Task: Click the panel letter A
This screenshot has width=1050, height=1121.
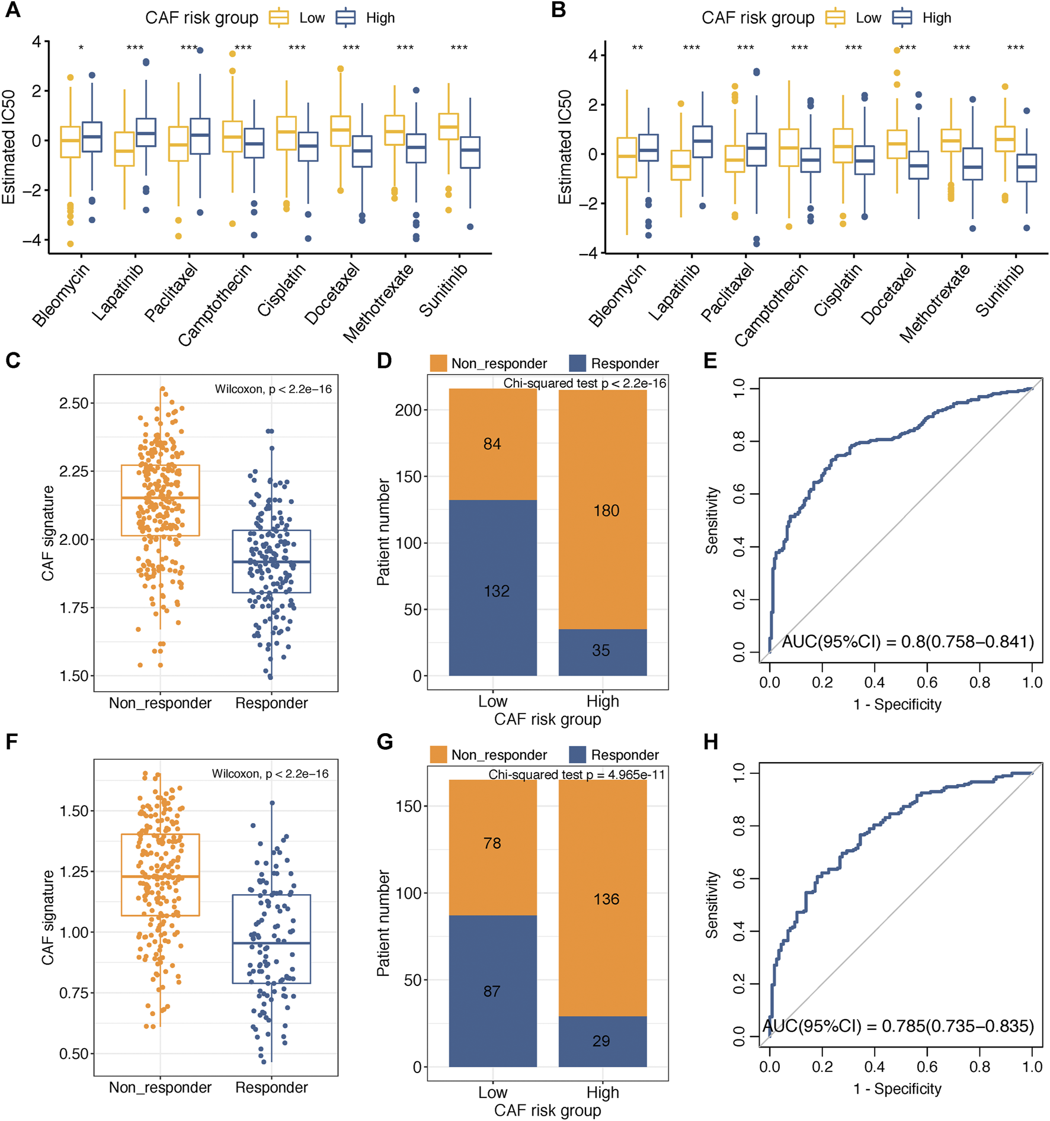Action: coord(12,10)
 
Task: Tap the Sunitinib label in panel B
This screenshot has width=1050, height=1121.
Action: coord(1000,290)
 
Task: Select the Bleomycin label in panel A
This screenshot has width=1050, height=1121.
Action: coord(61,295)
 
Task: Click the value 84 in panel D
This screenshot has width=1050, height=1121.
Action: coord(492,444)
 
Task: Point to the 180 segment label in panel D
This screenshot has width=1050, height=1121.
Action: coord(606,510)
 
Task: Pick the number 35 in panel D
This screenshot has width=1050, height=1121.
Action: coord(601,650)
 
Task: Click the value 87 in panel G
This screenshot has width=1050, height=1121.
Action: coord(492,991)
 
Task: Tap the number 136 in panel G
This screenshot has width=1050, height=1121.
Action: coord(606,899)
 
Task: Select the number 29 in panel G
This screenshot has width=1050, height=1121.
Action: coord(601,1040)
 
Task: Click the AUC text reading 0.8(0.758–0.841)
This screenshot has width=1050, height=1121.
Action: coord(908,642)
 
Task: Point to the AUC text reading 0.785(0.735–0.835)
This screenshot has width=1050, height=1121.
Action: coord(898,1026)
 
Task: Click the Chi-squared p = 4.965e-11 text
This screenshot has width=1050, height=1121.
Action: coord(577,775)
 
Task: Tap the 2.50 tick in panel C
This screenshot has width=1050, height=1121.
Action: coord(73,403)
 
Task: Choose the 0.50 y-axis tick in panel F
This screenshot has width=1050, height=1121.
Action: coord(73,1053)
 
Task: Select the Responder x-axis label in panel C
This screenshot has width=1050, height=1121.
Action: coord(271,703)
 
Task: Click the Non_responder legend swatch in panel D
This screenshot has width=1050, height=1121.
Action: coord(438,363)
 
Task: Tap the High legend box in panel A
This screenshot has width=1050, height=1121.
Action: coord(345,18)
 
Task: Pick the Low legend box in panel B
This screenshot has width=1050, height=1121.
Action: coord(835,18)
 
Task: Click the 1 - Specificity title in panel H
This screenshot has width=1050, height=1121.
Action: coord(897,1088)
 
